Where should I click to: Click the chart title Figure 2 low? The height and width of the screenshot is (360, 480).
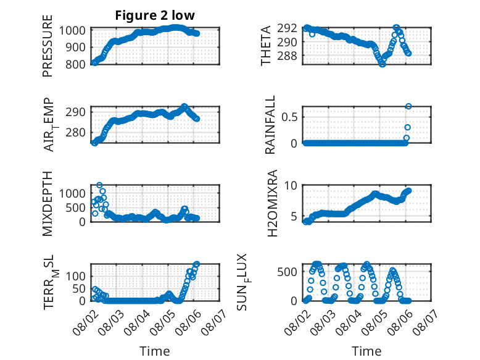[155, 15]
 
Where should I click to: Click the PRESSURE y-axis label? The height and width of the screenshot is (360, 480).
[48, 46]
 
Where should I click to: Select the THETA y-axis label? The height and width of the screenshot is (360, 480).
[266, 46]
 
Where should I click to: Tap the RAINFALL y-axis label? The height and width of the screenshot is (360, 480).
[270, 125]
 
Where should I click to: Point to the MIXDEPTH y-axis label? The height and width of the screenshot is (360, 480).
[48, 203]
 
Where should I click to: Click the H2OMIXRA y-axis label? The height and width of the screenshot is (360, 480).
[272, 203]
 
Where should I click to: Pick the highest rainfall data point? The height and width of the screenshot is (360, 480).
[408, 106]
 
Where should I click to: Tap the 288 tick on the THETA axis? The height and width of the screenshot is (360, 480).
[287, 56]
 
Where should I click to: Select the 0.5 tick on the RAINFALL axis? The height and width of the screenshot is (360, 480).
[289, 117]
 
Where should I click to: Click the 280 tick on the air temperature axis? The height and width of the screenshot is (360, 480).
[75, 133]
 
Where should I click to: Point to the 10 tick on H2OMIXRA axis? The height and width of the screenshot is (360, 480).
[291, 185]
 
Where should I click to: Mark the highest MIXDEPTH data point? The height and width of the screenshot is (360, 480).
[99, 185]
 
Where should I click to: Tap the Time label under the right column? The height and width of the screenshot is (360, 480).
[366, 351]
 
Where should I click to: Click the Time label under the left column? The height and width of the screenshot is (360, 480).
[155, 351]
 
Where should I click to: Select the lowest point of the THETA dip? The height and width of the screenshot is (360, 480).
[382, 64]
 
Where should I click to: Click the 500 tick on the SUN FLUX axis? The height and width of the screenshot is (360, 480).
[287, 272]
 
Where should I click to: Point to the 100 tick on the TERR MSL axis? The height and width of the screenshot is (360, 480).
[75, 277]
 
